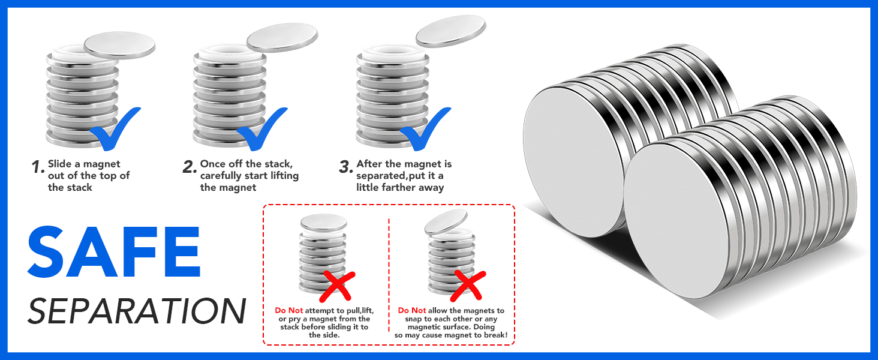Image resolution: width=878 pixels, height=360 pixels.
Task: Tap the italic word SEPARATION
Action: [x=137, y=311]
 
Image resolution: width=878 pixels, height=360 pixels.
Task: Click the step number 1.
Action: [x=38, y=167]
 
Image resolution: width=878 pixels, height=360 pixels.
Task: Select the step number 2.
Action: [x=190, y=167]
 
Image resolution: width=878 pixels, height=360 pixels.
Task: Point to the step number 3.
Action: [x=345, y=167]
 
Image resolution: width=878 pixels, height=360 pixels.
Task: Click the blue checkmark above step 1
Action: [x=115, y=129]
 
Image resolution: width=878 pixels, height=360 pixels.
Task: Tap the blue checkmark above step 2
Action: [x=262, y=129]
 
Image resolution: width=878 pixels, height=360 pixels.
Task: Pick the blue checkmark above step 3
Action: [x=425, y=129]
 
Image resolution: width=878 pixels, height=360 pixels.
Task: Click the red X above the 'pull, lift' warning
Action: [x=338, y=286]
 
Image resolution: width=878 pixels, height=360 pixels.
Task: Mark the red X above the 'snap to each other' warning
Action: [x=468, y=286]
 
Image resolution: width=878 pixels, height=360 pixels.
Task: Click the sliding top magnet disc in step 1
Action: [x=119, y=45]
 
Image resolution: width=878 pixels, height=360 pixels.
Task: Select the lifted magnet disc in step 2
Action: [x=282, y=37]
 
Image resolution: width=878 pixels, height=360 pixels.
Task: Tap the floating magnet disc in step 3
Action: [x=451, y=31]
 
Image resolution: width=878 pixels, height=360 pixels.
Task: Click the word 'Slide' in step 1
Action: [x=60, y=164]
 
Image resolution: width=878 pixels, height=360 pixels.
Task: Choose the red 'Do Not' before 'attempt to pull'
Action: [x=289, y=311]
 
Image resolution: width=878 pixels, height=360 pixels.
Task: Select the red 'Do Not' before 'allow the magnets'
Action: [x=412, y=311]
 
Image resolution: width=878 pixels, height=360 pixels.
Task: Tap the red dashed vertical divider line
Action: [x=389, y=275]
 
